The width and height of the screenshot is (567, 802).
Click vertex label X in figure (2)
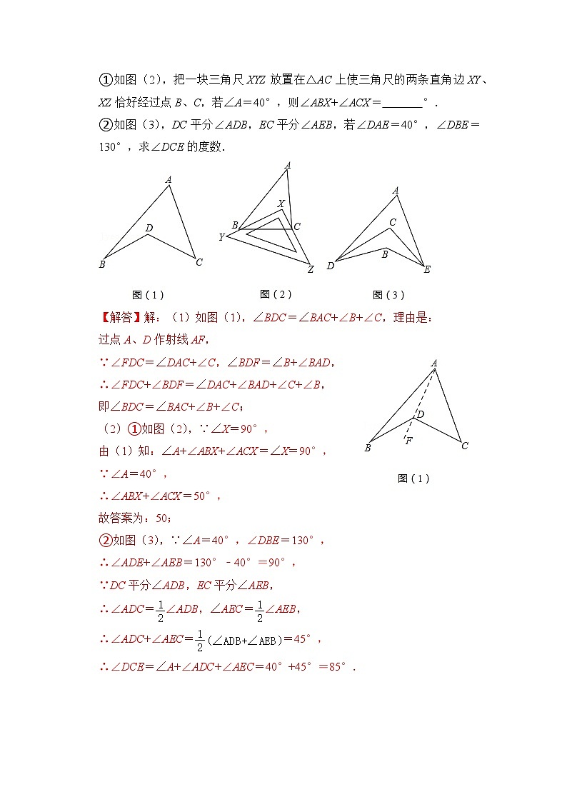point(281,204)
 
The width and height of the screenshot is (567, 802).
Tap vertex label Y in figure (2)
point(221,237)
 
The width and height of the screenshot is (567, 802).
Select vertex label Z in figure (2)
point(311,270)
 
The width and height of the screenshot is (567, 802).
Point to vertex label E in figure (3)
point(427,270)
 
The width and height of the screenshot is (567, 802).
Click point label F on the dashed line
point(409,441)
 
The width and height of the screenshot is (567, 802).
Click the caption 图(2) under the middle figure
point(276,294)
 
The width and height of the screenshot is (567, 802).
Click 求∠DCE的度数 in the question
point(184,147)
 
